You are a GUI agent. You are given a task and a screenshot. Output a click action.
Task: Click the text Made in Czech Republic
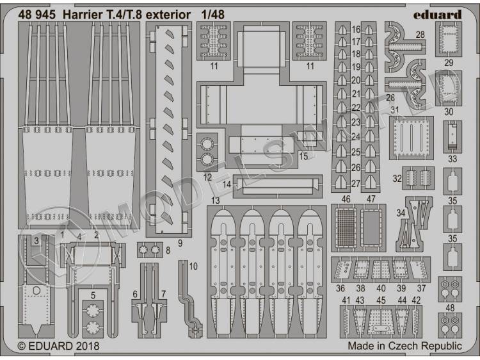pos(404,346)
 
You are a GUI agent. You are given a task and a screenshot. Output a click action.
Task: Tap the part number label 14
pos(226,184)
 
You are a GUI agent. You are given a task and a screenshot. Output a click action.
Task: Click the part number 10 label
pos(194,266)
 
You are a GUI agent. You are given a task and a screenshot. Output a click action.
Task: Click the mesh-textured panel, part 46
pos(346,227)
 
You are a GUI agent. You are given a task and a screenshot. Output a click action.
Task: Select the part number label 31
pos(395,110)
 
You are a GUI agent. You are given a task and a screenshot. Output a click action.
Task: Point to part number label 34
pos(401,212)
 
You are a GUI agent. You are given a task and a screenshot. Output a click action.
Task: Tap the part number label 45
pos(381,300)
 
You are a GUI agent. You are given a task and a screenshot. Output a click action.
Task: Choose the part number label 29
pos(449,62)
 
